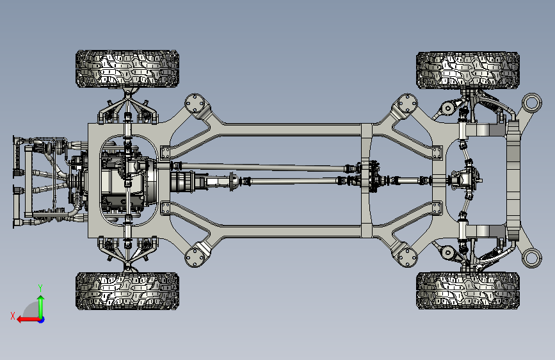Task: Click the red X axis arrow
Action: click(x=29, y=320)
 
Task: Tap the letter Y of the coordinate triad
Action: click(x=40, y=288)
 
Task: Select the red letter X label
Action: click(x=13, y=316)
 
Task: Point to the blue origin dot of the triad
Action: click(x=42, y=320)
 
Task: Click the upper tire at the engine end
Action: click(x=127, y=69)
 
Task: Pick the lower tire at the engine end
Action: click(x=127, y=291)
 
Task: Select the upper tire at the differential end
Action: click(x=468, y=70)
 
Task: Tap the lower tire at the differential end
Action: click(x=468, y=291)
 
